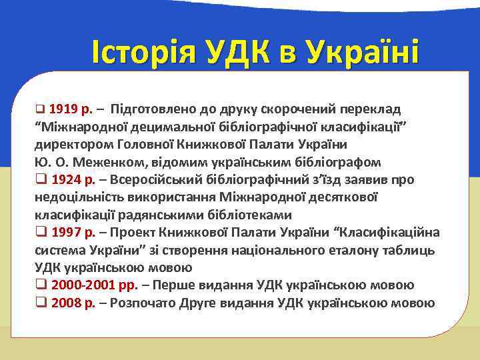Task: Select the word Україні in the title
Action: [x=356, y=53]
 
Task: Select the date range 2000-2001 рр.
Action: [x=93, y=285]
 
